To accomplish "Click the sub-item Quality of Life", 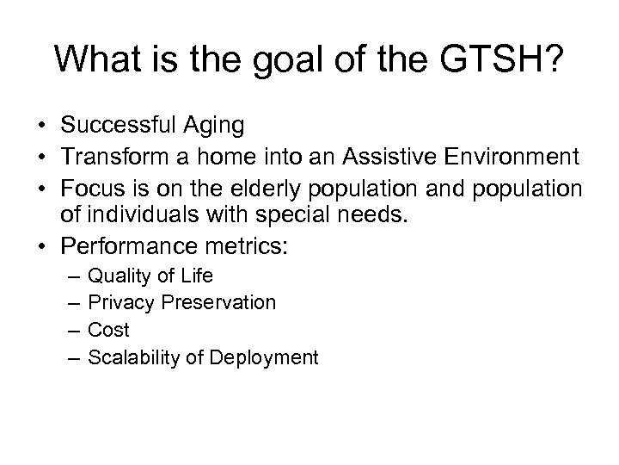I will click(x=150, y=276).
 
